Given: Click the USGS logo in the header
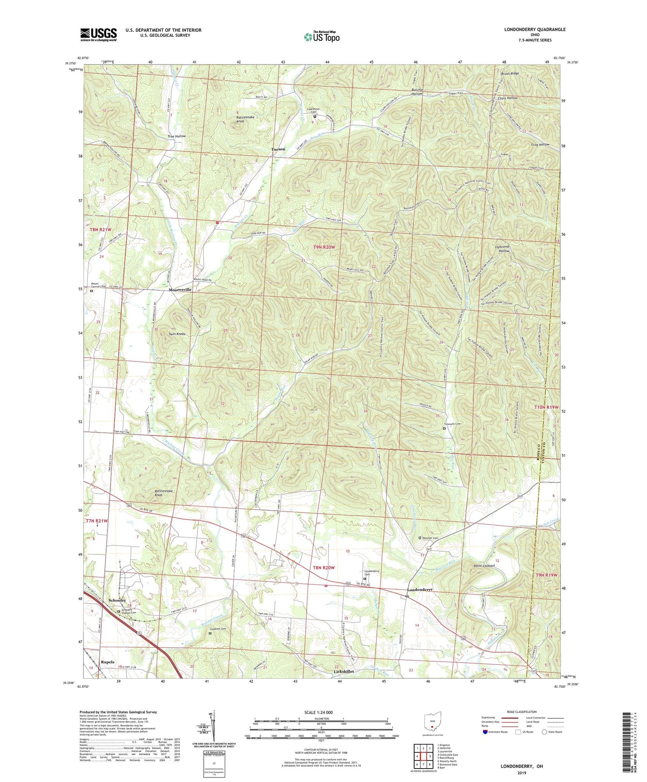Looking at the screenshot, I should tap(99, 34).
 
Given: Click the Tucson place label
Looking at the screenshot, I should tap(278, 149).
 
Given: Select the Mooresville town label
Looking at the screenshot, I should tap(180, 290).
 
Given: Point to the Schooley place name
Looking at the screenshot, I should tap(117, 600).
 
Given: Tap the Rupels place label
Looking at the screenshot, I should tap(107, 662).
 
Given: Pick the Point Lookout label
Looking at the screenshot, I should tap(484, 566).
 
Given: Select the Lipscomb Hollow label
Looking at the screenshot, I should tap(502, 249).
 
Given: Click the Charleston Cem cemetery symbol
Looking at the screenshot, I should tap(315, 116).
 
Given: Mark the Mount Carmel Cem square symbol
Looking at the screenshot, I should tap(91, 291).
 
